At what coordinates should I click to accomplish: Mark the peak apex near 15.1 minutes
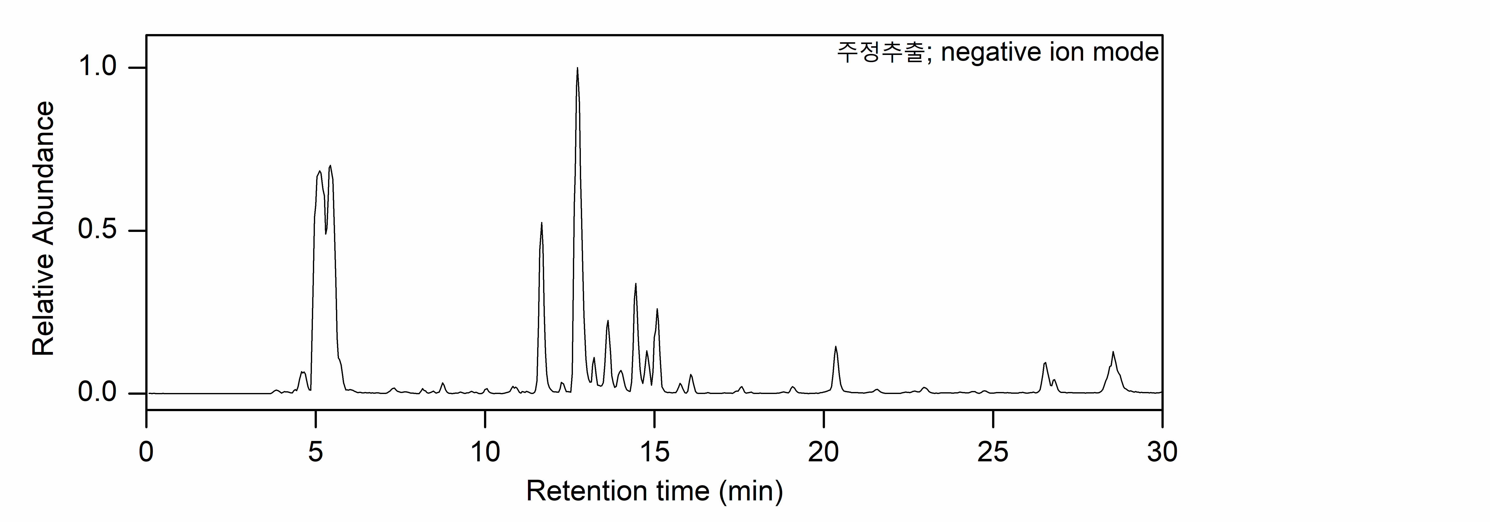(x=657, y=310)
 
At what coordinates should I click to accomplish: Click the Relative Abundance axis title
(x=43, y=229)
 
